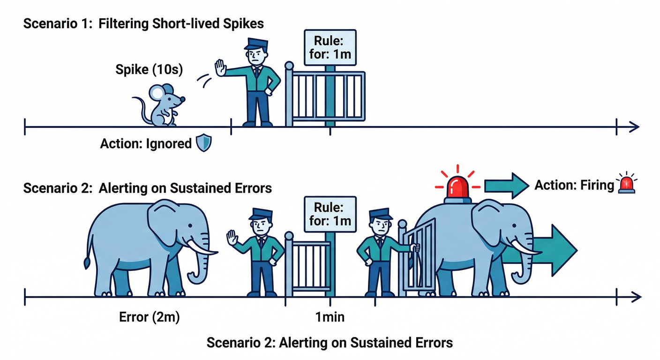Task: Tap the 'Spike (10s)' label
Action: click(149, 70)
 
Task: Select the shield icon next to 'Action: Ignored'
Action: click(203, 143)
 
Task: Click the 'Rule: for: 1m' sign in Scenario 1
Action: click(330, 47)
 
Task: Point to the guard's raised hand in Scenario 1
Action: click(220, 68)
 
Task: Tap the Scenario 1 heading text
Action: click(143, 24)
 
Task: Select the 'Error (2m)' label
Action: click(149, 317)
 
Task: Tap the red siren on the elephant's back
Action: click(457, 187)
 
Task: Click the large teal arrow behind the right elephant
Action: click(558, 250)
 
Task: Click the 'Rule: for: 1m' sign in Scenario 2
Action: click(330, 214)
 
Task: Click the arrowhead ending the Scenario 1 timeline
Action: click(634, 127)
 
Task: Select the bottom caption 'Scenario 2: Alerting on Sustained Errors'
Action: click(330, 342)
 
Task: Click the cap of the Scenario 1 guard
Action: click(256, 44)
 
